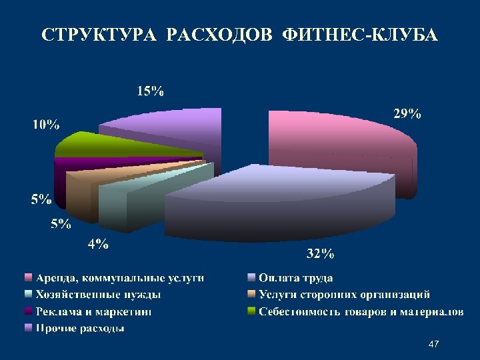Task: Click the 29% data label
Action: (x=406, y=114)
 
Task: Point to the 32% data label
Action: (x=320, y=253)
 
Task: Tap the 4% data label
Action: (x=98, y=244)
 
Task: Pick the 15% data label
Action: (x=151, y=92)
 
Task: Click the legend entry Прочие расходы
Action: (x=81, y=328)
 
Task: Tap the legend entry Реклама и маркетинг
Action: (x=94, y=311)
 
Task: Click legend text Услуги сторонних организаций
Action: (x=344, y=294)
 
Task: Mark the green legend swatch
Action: (x=251, y=311)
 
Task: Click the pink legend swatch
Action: (x=28, y=277)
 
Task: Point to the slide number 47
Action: (x=433, y=344)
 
